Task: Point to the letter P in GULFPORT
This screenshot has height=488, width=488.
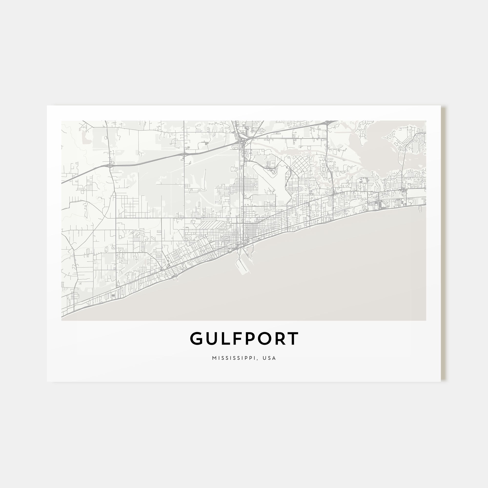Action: click(252, 338)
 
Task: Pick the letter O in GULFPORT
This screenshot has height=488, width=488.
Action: click(267, 338)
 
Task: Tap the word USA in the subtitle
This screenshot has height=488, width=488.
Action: click(269, 358)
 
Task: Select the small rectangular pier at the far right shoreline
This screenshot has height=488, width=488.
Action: click(420, 209)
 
